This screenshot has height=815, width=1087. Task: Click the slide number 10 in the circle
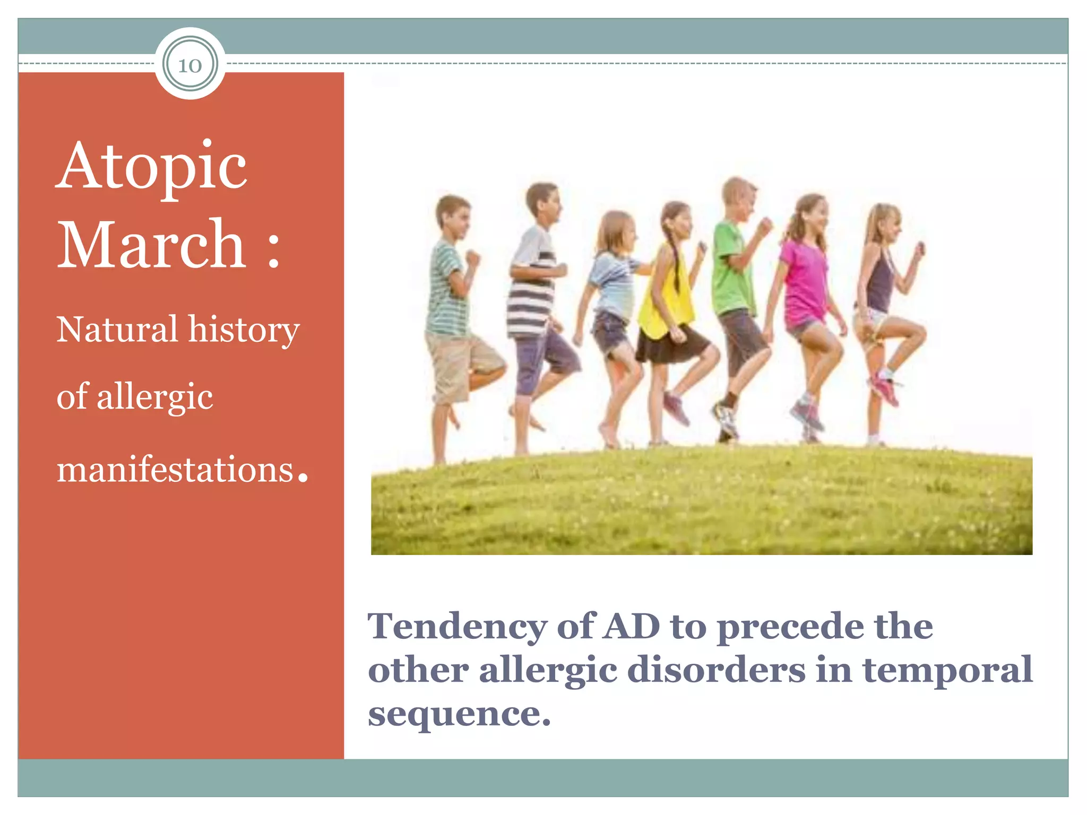coord(190,66)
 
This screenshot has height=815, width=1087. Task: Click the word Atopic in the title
coord(152,166)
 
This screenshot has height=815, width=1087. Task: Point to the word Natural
coord(117,330)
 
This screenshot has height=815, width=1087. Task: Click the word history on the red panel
coord(244,331)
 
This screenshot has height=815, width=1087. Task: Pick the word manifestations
coord(175,470)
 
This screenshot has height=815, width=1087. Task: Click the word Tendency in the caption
coord(456,627)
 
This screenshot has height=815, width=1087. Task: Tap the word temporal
coord(947,670)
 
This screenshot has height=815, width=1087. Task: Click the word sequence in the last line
coord(454,714)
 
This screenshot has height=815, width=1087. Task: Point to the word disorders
coord(716,670)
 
